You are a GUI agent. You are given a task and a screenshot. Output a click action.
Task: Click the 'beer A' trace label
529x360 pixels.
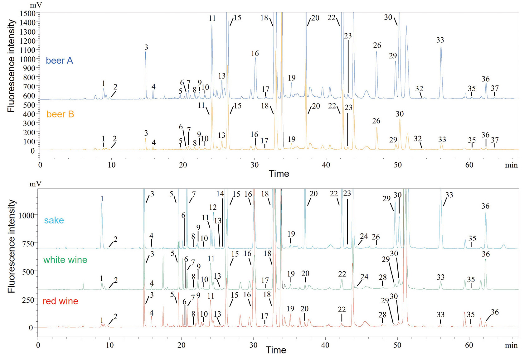(59, 60)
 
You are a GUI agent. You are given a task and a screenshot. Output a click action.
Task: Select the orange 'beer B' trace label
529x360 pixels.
(60, 114)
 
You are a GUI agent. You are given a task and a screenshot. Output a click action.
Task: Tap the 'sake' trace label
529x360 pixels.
(54, 220)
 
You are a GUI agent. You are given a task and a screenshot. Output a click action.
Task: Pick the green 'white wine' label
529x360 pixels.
(65, 260)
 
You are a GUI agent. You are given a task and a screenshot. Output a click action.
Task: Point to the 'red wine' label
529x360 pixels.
(60, 301)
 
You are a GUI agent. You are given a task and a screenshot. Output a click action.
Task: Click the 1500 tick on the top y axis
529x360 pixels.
(27, 13)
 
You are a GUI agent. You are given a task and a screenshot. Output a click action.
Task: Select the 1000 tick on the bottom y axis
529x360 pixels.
(27, 215)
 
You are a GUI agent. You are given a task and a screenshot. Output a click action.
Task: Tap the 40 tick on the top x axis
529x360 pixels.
(326, 165)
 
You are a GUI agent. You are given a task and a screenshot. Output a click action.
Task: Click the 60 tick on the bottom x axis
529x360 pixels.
(469, 345)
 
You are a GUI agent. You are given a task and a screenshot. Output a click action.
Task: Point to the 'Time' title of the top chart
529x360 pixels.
(279, 174)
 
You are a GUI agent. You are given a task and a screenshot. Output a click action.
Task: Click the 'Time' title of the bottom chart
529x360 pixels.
(276, 350)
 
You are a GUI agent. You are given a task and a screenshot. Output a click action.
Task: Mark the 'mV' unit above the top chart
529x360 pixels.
(36, 5)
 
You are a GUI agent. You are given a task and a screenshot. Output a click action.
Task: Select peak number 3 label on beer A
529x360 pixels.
(146, 47)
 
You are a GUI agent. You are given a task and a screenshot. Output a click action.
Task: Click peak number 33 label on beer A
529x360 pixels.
(440, 40)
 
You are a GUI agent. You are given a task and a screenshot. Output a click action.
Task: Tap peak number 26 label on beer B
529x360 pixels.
(376, 121)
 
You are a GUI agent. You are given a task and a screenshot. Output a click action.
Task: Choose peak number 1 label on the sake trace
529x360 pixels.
(102, 199)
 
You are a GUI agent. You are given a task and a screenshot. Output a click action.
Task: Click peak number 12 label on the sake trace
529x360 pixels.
(213, 207)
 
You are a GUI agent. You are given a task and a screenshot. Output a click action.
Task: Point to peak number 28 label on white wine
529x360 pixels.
(383, 277)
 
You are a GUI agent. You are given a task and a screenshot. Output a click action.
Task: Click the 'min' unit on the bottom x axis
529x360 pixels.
(511, 345)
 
